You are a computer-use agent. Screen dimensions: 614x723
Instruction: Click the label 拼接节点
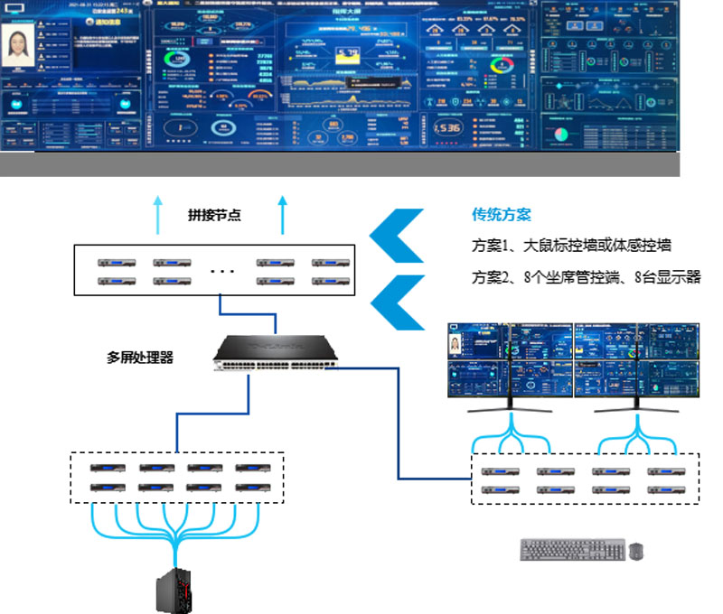point(214,216)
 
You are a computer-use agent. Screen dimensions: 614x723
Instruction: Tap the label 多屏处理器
point(139,358)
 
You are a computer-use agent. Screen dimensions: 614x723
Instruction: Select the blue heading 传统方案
point(501,215)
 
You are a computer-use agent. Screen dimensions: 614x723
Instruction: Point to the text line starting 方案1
point(571,246)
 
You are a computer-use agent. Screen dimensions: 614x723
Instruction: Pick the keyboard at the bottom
point(573,549)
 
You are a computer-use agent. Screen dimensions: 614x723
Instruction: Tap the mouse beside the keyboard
point(636,551)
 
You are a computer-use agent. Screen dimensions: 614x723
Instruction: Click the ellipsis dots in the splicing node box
point(222,269)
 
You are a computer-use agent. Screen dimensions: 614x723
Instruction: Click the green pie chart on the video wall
point(560,133)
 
